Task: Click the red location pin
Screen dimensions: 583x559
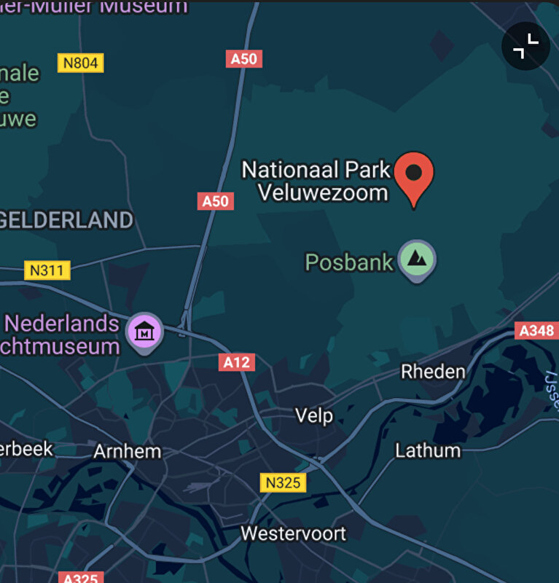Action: (x=414, y=175)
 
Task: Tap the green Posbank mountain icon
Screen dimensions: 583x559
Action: (x=418, y=259)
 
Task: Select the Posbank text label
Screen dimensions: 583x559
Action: (x=349, y=262)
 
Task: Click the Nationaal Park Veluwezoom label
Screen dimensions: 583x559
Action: (x=316, y=181)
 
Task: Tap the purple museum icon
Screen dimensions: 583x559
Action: (x=146, y=332)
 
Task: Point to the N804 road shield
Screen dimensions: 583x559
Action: (x=80, y=63)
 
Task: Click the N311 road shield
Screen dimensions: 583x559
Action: (x=47, y=271)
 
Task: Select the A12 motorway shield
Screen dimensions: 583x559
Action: (x=237, y=362)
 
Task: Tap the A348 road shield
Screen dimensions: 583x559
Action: (x=536, y=331)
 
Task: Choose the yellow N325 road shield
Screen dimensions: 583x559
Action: (x=283, y=482)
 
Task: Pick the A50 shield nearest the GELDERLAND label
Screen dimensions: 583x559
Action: (x=215, y=201)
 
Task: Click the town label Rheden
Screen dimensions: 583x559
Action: (x=433, y=372)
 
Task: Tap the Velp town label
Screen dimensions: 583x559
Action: (x=314, y=415)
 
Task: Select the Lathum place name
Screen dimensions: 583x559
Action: (x=428, y=450)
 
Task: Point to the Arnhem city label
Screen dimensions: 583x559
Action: (x=127, y=451)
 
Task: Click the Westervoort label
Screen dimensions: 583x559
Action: (x=294, y=533)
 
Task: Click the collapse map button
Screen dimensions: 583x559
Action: (x=525, y=47)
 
